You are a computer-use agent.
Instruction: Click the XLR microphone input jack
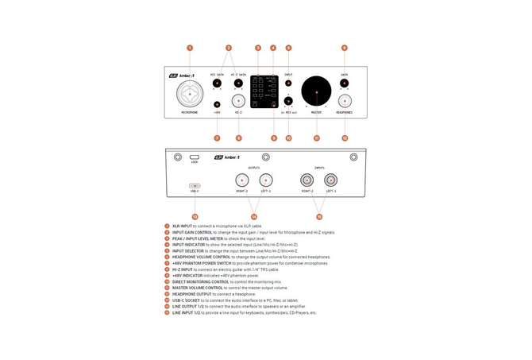point(190,95)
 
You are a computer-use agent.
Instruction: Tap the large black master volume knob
point(316,92)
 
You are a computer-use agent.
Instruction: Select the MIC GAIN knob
point(218,83)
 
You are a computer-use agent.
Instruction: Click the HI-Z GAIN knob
point(237,83)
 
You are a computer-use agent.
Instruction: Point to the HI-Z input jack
point(237,101)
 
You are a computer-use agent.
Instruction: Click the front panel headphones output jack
point(344,101)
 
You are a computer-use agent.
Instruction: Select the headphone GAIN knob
point(344,83)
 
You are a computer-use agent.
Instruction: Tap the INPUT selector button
point(288,83)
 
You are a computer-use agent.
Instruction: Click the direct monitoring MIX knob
point(288,101)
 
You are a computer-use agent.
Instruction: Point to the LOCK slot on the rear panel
point(195,157)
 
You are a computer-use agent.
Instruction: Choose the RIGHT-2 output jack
point(241,180)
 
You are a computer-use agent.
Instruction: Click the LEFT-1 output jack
point(266,180)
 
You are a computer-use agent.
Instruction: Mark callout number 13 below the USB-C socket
point(195,216)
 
